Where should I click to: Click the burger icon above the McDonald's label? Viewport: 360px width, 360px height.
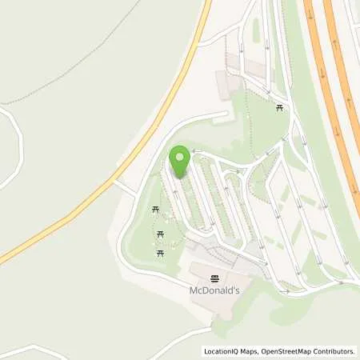click(x=215, y=278)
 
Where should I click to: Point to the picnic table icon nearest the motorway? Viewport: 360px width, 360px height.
click(x=280, y=107)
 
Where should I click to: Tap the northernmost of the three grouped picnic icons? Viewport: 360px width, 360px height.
click(x=156, y=210)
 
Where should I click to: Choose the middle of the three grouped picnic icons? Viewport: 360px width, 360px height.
click(x=162, y=234)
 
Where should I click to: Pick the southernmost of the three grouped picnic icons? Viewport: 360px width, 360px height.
click(x=162, y=252)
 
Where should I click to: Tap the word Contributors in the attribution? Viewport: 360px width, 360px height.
click(x=333, y=351)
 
